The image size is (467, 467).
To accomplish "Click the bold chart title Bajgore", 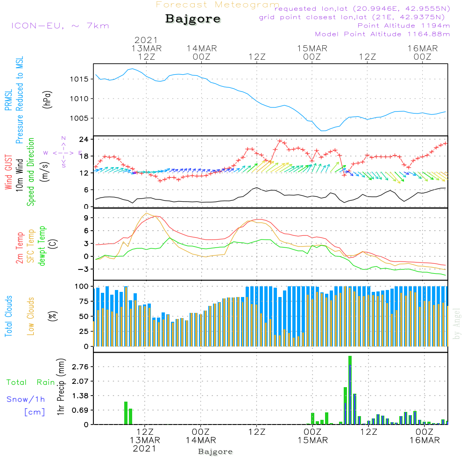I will [x=192, y=19].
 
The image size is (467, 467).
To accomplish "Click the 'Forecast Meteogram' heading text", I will [x=218, y=5].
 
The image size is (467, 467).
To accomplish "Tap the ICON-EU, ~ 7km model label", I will [x=60, y=25].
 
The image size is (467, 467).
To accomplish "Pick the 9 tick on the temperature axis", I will [x=85, y=218].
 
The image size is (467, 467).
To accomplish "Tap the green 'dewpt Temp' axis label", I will [x=42, y=246].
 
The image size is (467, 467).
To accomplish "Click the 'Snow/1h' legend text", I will [x=26, y=399].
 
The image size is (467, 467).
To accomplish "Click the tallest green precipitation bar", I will [x=350, y=390].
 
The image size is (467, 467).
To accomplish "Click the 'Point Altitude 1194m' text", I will [x=403, y=25].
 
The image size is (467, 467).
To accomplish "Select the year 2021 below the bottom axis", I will [x=145, y=448].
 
